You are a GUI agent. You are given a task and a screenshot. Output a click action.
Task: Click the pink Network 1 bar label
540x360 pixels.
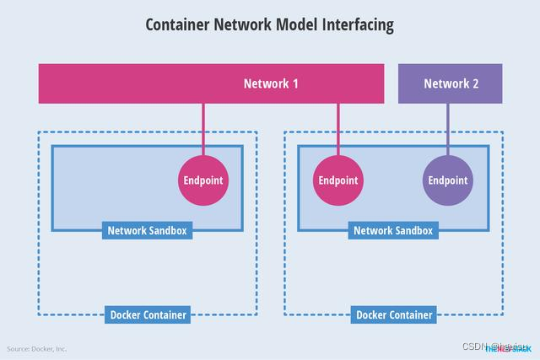pos(270,83)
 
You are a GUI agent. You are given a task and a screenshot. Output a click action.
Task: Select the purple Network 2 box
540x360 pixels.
pos(450,83)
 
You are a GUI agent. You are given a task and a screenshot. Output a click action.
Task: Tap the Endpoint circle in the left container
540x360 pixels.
pos(203,180)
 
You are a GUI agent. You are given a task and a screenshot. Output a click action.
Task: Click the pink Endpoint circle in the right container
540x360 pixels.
pos(337,180)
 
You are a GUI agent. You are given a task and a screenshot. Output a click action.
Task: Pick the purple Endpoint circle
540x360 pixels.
pos(447,180)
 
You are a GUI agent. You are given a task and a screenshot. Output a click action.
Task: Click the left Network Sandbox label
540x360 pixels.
pos(147,230)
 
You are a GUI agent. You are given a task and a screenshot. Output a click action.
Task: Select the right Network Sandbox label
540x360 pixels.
pos(392,230)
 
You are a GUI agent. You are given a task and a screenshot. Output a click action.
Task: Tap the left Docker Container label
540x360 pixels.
pos(148,315)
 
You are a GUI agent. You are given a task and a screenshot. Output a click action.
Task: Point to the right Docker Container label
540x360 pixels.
pos(394,315)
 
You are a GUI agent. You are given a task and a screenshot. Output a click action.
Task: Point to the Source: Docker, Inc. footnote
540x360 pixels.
pos(37,348)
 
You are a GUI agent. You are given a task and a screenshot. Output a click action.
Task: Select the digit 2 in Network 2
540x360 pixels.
pos(475,83)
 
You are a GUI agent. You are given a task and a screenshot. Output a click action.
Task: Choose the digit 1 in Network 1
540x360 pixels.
pos(294,83)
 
